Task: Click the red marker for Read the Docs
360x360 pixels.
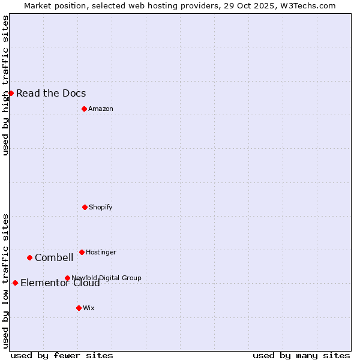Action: point(11,93)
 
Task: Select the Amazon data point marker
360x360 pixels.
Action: point(84,109)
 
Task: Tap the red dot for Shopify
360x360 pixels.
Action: point(85,207)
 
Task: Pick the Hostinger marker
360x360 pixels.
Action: point(82,252)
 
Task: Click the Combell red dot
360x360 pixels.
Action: point(29,257)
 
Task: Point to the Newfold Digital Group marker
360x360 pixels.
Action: point(67,278)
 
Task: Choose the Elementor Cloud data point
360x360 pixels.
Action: point(15,283)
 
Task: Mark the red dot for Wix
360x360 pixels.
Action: point(79,308)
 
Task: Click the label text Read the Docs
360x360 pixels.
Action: point(51,93)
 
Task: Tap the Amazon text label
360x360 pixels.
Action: point(101,109)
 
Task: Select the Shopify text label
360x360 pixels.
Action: point(101,207)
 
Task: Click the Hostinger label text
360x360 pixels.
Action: point(101,252)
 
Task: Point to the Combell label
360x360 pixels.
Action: point(54,257)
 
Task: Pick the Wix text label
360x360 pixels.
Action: point(89,308)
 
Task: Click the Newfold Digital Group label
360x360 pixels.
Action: point(106,278)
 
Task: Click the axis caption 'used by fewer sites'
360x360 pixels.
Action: point(62,355)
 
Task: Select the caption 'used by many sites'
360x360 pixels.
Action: point(301,355)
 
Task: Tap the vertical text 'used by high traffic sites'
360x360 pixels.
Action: point(5,85)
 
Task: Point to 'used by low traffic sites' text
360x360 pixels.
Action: point(5,280)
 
